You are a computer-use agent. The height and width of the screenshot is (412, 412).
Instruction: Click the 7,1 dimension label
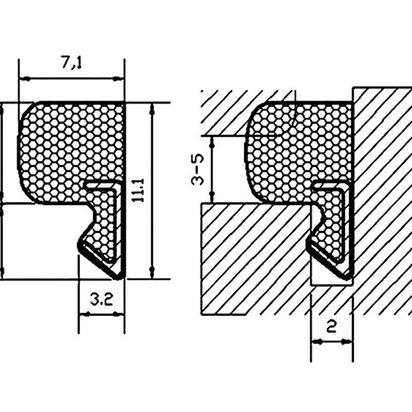pyautogui.click(x=72, y=62)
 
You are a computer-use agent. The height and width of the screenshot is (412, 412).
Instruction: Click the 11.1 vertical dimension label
pyautogui.click(x=138, y=190)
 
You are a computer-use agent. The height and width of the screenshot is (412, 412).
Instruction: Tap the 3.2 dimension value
pyautogui.click(x=102, y=299)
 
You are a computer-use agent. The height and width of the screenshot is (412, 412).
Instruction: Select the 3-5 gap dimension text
pyautogui.click(x=197, y=169)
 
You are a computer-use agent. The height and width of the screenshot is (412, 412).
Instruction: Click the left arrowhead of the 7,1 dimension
pyautogui.click(x=24, y=78)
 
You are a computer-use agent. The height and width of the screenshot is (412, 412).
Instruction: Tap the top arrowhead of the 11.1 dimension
pyautogui.click(x=152, y=109)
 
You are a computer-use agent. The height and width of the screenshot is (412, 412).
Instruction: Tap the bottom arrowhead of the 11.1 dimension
pyautogui.click(x=152, y=273)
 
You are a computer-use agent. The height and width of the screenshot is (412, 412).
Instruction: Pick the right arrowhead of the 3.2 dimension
pyautogui.click(x=118, y=314)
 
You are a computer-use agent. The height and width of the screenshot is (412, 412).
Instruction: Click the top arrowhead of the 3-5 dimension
pyautogui.click(x=212, y=142)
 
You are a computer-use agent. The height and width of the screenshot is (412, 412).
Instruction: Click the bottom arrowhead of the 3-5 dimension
pyautogui.click(x=212, y=197)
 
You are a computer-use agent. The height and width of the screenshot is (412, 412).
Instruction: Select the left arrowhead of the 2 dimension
pyautogui.click(x=317, y=341)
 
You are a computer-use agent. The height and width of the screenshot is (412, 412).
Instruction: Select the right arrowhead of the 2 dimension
pyautogui.click(x=347, y=341)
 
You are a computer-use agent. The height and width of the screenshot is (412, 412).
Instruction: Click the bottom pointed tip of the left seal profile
pyautogui.click(x=119, y=278)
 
